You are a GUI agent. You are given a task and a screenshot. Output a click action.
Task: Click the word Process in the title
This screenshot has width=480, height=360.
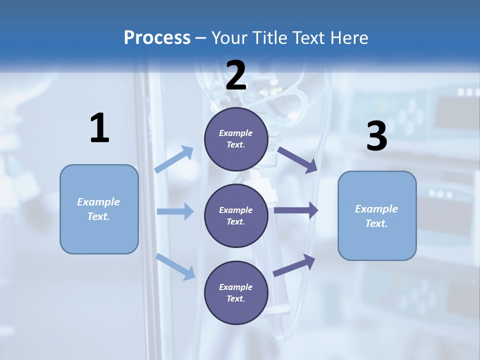(157, 37)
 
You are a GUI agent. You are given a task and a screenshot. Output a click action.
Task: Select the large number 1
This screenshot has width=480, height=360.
(99, 128)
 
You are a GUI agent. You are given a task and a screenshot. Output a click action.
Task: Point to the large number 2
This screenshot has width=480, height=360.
(236, 76)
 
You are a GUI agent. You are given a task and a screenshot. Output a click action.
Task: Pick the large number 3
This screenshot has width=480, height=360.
(376, 136)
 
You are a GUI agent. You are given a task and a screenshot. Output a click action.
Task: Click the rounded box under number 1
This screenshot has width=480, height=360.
(99, 209)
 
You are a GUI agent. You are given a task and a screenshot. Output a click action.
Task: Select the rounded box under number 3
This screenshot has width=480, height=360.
(377, 216)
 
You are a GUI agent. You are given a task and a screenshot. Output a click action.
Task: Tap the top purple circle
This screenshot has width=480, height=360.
(236, 139)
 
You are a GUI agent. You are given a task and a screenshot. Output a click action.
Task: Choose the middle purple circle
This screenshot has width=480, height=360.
(236, 215)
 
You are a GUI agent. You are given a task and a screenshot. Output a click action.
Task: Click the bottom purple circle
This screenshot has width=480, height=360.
(236, 292)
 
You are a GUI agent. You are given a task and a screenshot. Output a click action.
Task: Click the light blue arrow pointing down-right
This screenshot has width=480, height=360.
(175, 266)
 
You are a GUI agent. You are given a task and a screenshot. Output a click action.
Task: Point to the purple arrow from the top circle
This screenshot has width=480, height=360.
(297, 159)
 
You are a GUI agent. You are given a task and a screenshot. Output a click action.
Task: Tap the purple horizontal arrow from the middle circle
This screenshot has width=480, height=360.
(296, 210)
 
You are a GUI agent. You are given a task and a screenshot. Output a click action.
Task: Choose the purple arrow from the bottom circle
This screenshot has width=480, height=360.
(294, 265)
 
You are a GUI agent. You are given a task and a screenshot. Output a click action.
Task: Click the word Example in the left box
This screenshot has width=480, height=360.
(98, 202)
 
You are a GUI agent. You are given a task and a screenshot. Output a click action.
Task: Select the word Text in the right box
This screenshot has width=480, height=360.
(376, 223)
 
